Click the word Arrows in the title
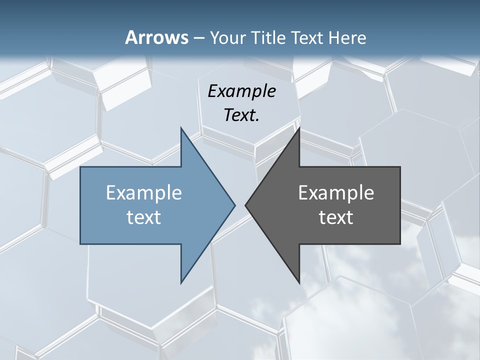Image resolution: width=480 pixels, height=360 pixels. pyautogui.click(x=155, y=37)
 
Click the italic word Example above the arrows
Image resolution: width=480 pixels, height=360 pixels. pyautogui.click(x=241, y=91)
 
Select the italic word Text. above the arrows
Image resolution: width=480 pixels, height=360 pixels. pyautogui.click(x=241, y=115)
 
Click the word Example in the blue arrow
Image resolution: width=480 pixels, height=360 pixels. pyautogui.click(x=144, y=192)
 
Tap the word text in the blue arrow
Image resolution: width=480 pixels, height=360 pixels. pyautogui.click(x=144, y=217)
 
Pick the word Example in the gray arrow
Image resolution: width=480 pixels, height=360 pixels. pyautogui.click(x=336, y=192)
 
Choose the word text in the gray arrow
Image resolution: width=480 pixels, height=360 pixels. pyautogui.click(x=336, y=217)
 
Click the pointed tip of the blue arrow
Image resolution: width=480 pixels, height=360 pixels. pyautogui.click(x=234, y=205)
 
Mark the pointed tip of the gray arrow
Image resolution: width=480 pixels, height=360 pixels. pyautogui.click(x=245, y=205)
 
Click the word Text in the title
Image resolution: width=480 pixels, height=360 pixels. pyautogui.click(x=305, y=37)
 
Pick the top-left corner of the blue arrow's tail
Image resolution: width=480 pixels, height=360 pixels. pyautogui.click(x=81, y=167)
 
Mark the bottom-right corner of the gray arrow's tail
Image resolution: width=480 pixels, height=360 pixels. pyautogui.click(x=399, y=243)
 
